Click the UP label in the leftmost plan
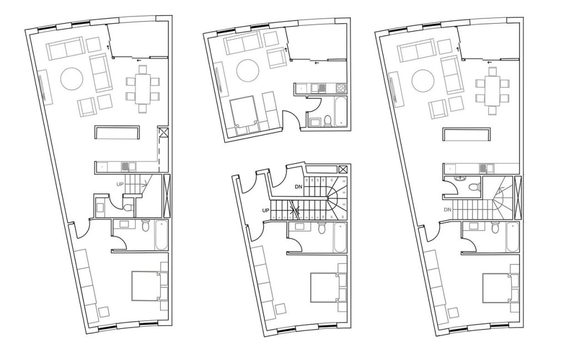coord(120,184)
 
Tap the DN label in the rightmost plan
coord(447,209)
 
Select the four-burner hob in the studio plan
coord(341,87)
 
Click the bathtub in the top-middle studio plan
coord(341,112)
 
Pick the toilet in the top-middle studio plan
coord(328,121)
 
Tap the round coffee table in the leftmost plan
coord(72,78)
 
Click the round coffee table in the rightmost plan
coord(423,81)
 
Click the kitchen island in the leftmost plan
coord(117,132)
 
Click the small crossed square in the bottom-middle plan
coord(342,169)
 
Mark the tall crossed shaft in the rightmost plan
coord(518,197)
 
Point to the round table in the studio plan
coord(247,70)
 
